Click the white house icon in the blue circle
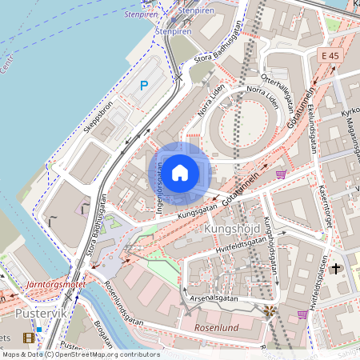tap(180, 172)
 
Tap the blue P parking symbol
tap(144, 86)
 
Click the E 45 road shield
tap(329, 55)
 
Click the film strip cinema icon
tap(29, 338)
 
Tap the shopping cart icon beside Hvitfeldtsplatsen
tap(302, 314)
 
